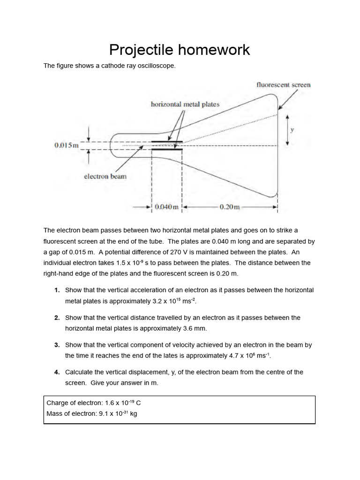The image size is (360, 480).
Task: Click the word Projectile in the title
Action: pos(139,50)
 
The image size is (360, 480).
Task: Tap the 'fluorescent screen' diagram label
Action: pos(284,85)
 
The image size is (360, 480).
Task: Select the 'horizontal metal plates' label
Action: pos(185,104)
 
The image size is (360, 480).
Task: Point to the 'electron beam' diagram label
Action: pos(105,176)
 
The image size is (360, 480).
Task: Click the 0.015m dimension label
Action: pos(67,145)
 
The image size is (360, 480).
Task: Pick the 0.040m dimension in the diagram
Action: pos(166,207)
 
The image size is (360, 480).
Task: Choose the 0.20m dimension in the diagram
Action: pos(230,207)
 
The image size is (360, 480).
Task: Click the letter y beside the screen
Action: pos(292,130)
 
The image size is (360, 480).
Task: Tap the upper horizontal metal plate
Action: pos(166,141)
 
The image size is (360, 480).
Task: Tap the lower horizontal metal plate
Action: pos(166,150)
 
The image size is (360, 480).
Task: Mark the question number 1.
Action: pos(57,290)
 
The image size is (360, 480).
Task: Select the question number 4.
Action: pos(57,372)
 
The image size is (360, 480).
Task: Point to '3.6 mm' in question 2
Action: pos(196,328)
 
